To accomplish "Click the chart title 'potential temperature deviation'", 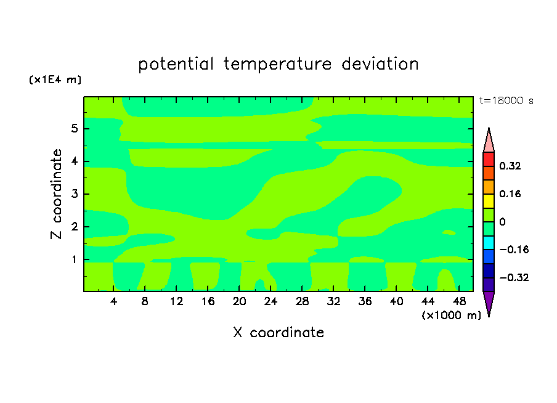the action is (x=278, y=65).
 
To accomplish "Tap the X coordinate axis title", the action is (x=278, y=332).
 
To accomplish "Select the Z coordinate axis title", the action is (x=56, y=194).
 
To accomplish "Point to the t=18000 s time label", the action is (x=506, y=101).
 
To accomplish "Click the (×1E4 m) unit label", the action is (x=55, y=79).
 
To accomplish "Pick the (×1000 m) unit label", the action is (x=451, y=315).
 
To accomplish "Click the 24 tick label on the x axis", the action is (x=270, y=301).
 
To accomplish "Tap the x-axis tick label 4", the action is (x=113, y=301).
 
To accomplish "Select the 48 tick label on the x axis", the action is (x=459, y=301).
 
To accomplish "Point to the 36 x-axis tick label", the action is (x=365, y=301).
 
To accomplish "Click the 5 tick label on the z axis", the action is (x=74, y=128).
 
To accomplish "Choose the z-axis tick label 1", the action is (x=74, y=259).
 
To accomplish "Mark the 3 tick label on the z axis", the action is (x=74, y=194).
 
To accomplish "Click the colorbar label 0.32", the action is (x=510, y=166).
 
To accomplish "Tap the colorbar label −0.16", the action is (x=514, y=250).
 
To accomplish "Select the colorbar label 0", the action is (x=502, y=222).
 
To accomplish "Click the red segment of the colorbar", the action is (x=489, y=159).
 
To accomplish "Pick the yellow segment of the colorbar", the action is (x=489, y=201).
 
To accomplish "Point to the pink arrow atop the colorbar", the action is (x=489, y=140).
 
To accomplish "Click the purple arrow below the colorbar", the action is (x=489, y=304).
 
